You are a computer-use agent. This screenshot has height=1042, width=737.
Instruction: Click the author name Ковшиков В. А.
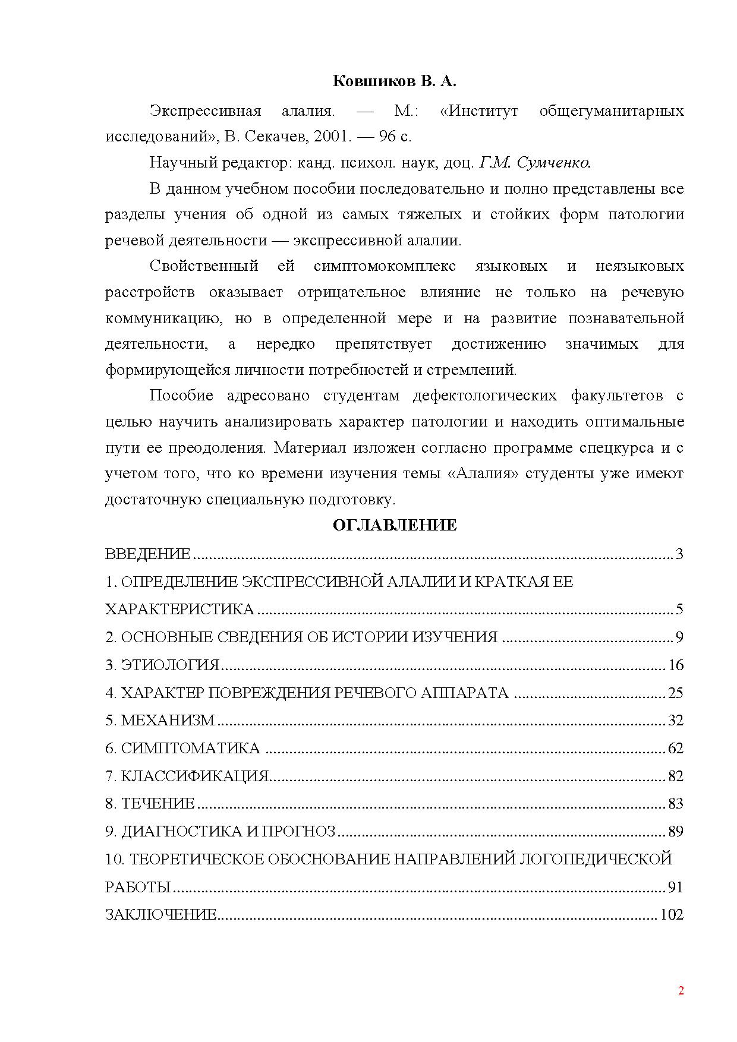394,81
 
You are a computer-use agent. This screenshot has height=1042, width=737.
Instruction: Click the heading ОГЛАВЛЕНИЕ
394,525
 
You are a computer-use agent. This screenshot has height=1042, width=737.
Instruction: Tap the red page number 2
681,990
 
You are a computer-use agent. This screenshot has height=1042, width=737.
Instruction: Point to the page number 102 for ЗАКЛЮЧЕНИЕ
672,914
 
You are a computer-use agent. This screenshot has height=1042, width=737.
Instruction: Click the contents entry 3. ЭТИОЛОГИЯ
162,665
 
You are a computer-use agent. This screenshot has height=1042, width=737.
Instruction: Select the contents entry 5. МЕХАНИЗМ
160,721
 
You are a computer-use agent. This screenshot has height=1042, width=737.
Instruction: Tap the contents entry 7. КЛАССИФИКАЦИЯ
187,776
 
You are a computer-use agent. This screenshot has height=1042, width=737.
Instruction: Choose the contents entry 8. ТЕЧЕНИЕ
150,804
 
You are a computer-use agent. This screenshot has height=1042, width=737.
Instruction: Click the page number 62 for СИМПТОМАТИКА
676,748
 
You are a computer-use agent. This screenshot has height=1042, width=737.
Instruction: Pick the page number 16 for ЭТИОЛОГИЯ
676,665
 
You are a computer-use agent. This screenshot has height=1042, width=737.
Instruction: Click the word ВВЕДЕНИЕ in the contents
147,554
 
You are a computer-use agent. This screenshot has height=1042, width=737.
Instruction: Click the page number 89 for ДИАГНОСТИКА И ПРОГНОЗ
676,831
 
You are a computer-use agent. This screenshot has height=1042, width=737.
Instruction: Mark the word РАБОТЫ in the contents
138,887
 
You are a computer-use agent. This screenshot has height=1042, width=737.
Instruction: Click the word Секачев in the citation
272,137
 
